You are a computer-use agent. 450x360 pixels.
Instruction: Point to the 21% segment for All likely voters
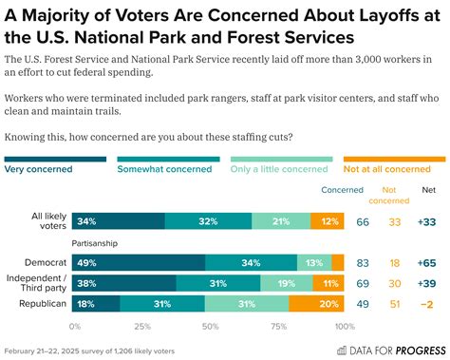point(280,221)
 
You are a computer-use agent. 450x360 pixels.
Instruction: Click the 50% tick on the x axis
point(209,325)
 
